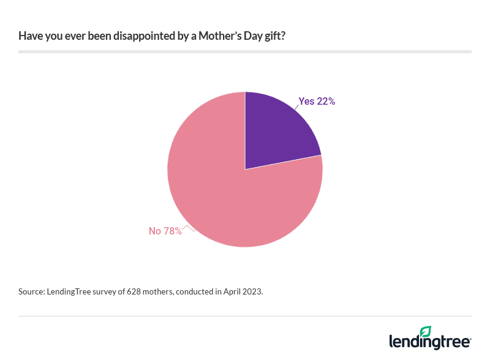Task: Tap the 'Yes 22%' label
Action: coord(317,102)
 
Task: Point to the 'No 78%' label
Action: coord(165,231)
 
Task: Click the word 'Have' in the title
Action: coord(29,36)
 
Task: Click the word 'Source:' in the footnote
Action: coord(31,292)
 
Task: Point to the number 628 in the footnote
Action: coord(134,292)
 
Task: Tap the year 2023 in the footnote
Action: coord(252,292)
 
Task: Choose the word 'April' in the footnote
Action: coord(230,292)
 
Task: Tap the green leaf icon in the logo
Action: coord(426,331)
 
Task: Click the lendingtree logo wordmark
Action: coord(429,342)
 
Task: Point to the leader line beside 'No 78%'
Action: coord(189,228)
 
